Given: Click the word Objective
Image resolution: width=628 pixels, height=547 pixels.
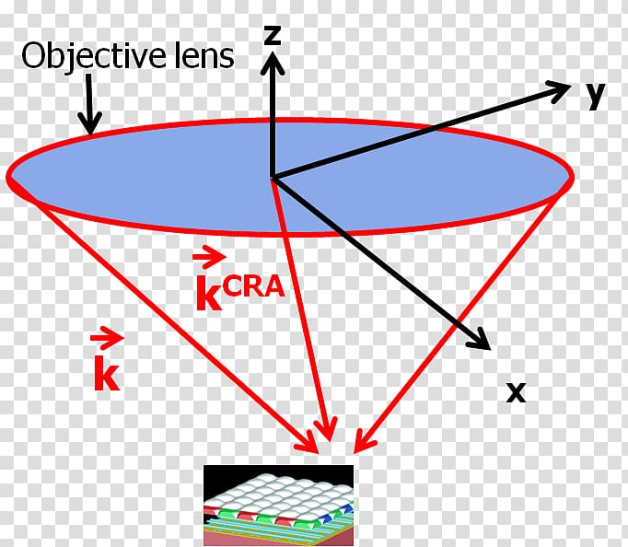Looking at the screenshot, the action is [x=93, y=56].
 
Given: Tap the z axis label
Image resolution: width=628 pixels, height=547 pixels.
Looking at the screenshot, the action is [x=273, y=34].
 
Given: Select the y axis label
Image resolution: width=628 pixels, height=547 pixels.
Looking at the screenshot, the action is [x=596, y=96].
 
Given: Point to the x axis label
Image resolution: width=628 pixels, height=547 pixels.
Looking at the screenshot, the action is [x=517, y=392].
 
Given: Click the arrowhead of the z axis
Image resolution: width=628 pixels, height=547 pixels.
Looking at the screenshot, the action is [x=273, y=64].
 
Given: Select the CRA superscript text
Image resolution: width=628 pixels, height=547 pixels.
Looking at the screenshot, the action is [x=254, y=286].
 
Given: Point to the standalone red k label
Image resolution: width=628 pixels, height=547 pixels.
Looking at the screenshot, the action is [x=107, y=374].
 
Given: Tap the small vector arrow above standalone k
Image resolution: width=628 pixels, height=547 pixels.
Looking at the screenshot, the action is [x=108, y=338].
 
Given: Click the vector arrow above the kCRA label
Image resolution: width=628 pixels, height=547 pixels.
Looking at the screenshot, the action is [x=209, y=257].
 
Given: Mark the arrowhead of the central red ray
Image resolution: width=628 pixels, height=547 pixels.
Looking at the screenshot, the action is [x=327, y=429].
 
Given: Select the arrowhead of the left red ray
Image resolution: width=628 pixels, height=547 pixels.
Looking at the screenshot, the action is [x=308, y=442].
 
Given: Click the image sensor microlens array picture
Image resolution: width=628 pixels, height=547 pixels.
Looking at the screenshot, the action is [x=279, y=505].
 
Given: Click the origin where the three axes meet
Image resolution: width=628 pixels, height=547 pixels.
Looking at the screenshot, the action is [x=273, y=177].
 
